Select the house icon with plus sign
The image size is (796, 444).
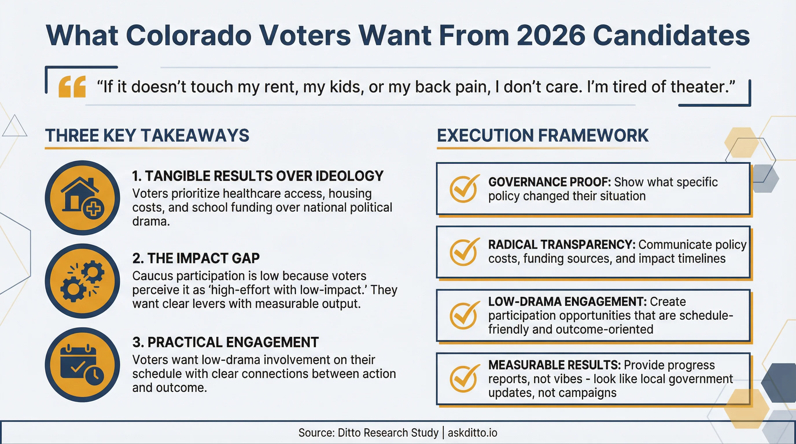[82, 198]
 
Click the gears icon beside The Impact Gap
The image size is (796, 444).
[82, 281]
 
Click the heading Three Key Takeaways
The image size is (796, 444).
[147, 136]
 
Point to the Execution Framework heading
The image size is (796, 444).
[543, 136]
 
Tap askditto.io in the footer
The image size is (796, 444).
[472, 433]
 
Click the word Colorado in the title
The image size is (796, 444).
[189, 36]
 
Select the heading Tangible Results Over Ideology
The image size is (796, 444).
[258, 176]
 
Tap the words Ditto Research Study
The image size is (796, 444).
[388, 433]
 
